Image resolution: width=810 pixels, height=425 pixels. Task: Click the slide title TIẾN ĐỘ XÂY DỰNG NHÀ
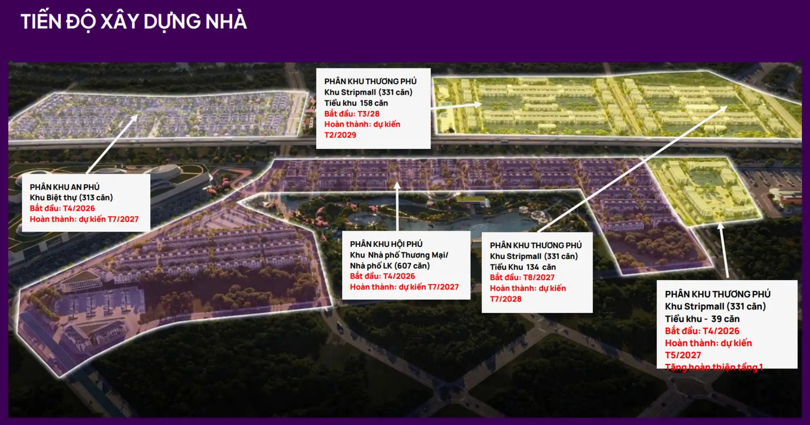tap(134, 22)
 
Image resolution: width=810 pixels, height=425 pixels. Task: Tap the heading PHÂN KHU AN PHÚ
tap(65, 187)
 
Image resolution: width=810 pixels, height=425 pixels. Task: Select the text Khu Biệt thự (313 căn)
tap(71, 198)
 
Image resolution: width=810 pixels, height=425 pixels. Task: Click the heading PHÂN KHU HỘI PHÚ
tap(386, 244)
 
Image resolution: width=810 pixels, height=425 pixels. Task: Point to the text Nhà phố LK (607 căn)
tap(390, 266)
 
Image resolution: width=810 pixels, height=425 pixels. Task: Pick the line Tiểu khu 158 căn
tap(356, 103)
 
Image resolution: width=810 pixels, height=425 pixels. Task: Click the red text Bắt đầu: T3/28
tap(352, 114)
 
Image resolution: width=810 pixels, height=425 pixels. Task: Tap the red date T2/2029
tap(340, 135)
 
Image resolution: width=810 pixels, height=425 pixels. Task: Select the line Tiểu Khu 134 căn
tap(523, 267)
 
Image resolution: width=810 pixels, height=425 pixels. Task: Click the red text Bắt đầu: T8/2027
tap(522, 277)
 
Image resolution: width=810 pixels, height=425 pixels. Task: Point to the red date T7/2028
tap(506, 299)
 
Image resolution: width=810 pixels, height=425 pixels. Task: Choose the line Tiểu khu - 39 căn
tap(702, 319)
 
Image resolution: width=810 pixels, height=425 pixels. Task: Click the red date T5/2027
tap(683, 355)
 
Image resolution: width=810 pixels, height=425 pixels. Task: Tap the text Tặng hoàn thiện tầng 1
tap(714, 367)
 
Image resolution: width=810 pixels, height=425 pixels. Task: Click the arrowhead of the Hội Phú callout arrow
tap(397, 185)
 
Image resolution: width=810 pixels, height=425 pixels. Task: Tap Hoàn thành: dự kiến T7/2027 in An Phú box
tap(84, 219)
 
